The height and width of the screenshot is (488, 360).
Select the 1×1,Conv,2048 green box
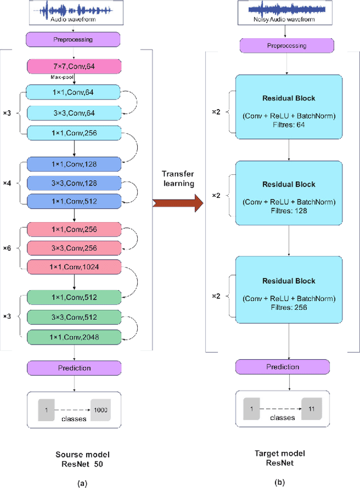click(x=74, y=337)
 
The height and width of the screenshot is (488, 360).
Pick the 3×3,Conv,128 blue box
click(x=74, y=183)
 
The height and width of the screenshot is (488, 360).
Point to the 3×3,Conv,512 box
click(x=74, y=318)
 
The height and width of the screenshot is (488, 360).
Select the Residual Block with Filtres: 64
click(x=289, y=107)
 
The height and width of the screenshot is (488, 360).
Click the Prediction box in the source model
click(x=74, y=368)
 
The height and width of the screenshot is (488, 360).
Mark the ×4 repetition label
click(x=7, y=183)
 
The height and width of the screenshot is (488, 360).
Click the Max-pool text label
click(x=58, y=79)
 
